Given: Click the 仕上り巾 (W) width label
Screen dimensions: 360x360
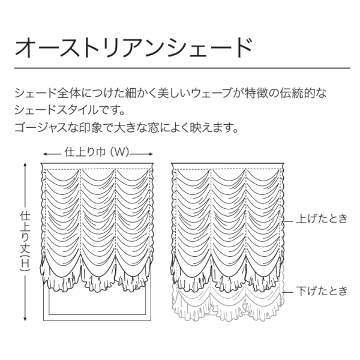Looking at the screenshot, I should tap(97, 152).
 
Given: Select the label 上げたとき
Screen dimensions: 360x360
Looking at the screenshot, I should tap(322, 219).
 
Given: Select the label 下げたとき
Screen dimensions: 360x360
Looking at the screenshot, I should tap(322, 292).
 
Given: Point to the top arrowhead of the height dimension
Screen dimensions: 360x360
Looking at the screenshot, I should tap(25, 162).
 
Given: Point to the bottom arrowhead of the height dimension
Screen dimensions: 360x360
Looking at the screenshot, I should tap(25, 322).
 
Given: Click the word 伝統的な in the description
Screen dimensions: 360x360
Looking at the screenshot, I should tap(305, 94).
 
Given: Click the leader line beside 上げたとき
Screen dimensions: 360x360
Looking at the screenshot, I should tap(289, 219).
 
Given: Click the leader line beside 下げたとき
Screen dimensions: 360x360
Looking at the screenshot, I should tap(289, 292).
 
